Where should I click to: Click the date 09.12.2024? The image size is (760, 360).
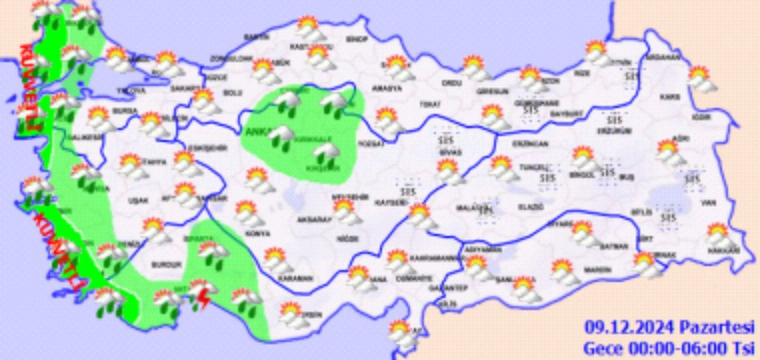[x=629, y=327]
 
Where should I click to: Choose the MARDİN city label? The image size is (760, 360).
[x=597, y=269]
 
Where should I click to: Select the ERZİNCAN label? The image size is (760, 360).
[x=531, y=143]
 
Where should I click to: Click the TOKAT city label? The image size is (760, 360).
[x=429, y=104]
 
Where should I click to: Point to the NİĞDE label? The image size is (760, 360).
[x=349, y=239]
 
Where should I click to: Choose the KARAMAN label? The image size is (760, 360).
[x=296, y=278]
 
